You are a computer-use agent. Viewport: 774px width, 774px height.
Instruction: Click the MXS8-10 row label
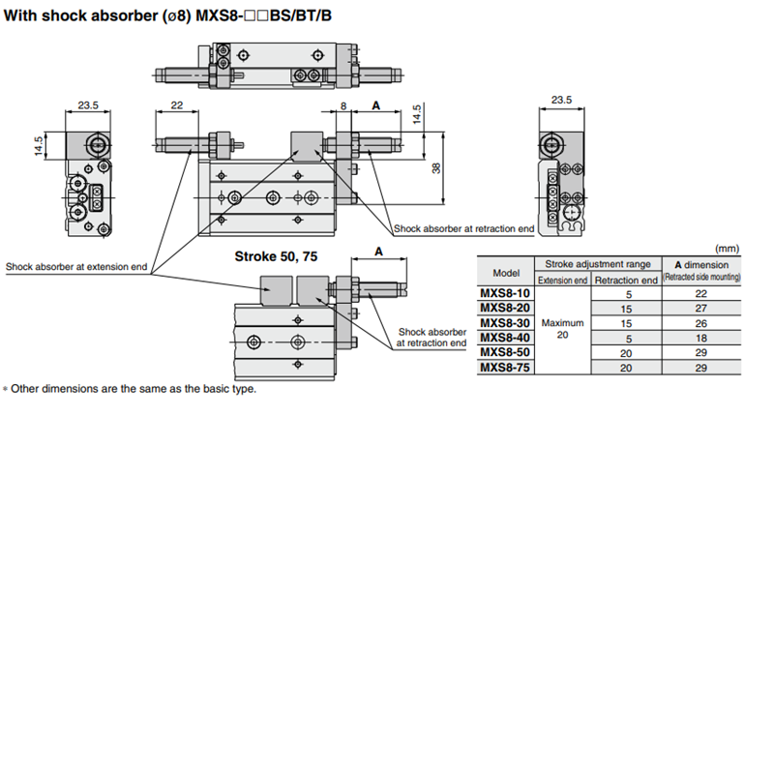click(x=505, y=292)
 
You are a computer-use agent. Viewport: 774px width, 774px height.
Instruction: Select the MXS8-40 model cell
click(x=505, y=337)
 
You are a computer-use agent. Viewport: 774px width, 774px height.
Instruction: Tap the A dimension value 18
click(x=701, y=337)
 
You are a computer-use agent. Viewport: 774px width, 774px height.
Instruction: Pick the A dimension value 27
click(x=701, y=307)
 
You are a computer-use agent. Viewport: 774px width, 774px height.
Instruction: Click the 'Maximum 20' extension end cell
click(x=563, y=329)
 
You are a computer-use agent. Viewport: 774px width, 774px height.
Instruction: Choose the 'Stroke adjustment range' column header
click(x=597, y=263)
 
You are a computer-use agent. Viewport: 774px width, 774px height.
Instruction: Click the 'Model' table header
click(x=506, y=272)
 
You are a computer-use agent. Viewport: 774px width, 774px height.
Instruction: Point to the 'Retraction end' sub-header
click(x=626, y=281)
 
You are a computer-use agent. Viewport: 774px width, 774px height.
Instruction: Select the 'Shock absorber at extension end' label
click(x=76, y=267)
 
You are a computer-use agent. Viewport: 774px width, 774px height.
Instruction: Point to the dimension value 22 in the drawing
click(x=176, y=105)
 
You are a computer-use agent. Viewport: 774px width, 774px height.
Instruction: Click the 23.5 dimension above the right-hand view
click(x=561, y=100)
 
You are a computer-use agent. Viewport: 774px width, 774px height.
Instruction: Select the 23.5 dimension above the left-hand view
click(x=89, y=105)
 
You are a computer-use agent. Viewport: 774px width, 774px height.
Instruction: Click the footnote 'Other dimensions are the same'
click(x=133, y=389)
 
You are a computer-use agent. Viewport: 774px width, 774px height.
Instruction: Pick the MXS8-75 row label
click(x=505, y=367)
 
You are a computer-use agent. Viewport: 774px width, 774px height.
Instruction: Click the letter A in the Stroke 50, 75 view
click(x=378, y=251)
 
